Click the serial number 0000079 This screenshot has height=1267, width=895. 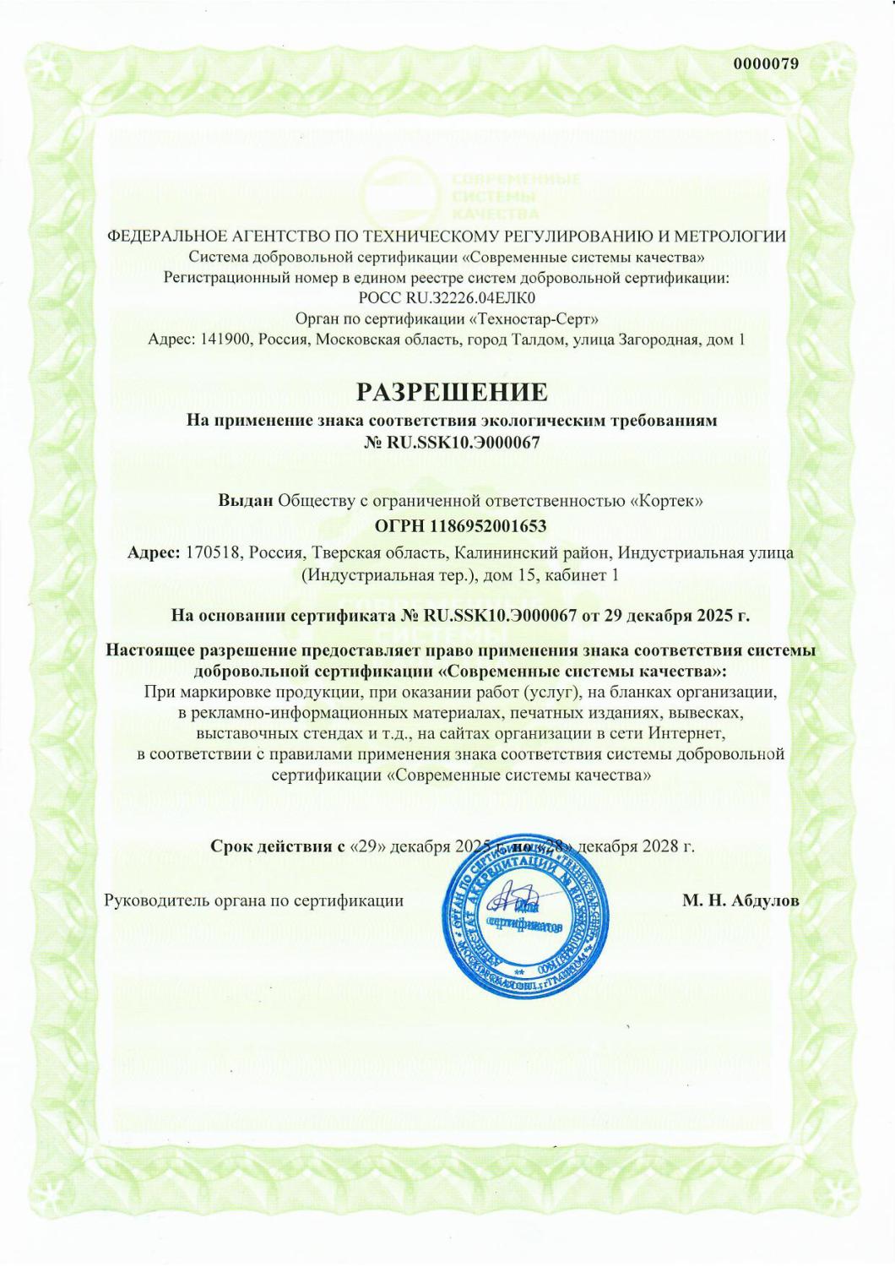[766, 63]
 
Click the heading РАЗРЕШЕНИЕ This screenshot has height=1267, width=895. [452, 392]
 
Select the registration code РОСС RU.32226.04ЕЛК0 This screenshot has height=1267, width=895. [447, 298]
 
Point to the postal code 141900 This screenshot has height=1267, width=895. [225, 340]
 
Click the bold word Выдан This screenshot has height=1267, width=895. [246, 501]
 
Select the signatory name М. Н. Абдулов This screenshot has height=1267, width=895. [740, 900]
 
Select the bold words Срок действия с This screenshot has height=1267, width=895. [277, 846]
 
